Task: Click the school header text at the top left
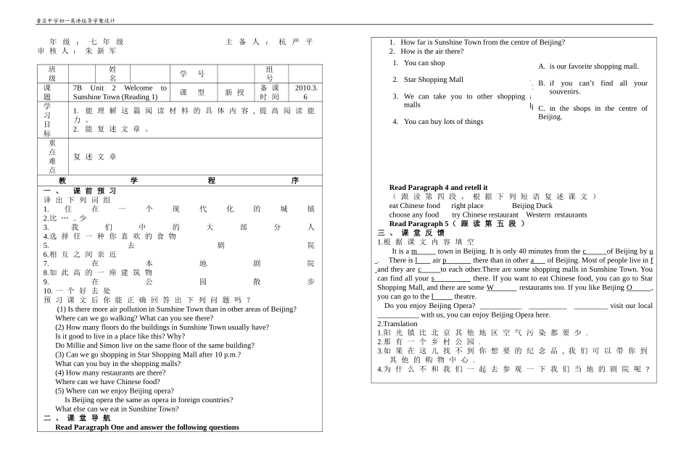(x=76, y=21)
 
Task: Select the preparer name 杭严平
(x=296, y=42)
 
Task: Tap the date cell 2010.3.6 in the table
(x=305, y=92)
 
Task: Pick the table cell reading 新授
(x=235, y=92)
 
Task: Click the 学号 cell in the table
(x=192, y=74)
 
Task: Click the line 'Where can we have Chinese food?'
(x=107, y=381)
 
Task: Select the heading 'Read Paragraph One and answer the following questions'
(x=147, y=427)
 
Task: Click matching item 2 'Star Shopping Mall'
(x=433, y=80)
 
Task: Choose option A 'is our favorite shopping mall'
(x=593, y=66)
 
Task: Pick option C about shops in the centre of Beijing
(x=593, y=112)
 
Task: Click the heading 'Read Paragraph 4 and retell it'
(x=438, y=187)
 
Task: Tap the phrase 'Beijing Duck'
(x=532, y=206)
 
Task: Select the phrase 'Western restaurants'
(x=556, y=215)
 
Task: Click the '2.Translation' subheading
(x=397, y=323)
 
